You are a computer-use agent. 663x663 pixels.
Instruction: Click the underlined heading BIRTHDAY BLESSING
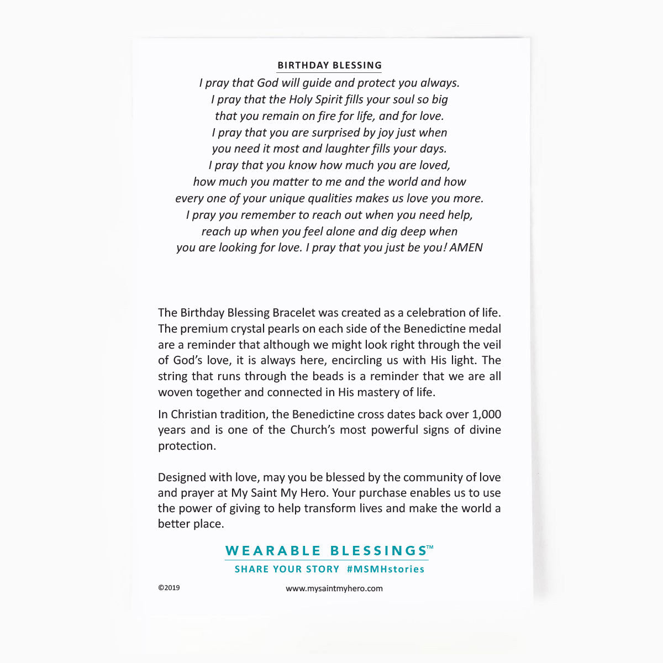click(329, 65)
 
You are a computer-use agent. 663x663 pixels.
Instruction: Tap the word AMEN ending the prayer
click(466, 248)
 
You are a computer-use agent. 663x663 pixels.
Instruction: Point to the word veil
click(491, 345)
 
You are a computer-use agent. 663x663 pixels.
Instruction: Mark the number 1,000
click(486, 414)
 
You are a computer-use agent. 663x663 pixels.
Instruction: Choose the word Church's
click(313, 430)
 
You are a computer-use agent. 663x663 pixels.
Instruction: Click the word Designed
click(180, 477)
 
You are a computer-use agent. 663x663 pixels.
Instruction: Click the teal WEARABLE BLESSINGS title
click(326, 551)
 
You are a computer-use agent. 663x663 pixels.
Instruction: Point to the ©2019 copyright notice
click(169, 588)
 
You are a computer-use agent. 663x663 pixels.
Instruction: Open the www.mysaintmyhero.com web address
click(334, 588)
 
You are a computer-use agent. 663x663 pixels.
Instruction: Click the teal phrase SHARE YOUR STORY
click(287, 569)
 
